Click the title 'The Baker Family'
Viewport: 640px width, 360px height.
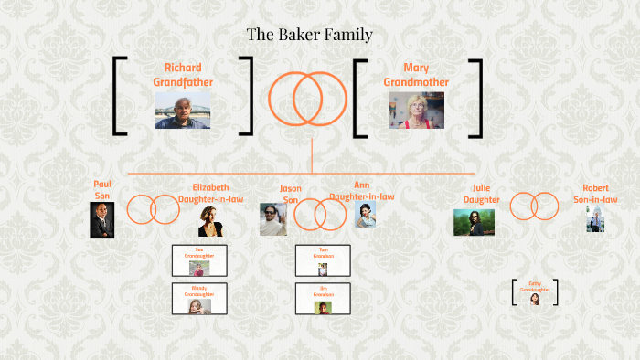click(309, 36)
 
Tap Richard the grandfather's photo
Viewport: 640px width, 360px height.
click(183, 110)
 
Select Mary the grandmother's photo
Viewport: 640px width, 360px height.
click(416, 110)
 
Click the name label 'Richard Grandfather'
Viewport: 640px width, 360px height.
click(183, 75)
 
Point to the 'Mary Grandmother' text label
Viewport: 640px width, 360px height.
click(416, 75)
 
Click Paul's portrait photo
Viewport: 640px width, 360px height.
click(101, 220)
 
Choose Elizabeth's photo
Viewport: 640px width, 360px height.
click(210, 220)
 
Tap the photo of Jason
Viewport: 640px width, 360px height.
click(272, 219)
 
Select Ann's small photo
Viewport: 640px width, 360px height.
click(365, 215)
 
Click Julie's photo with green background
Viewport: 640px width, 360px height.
click(474, 222)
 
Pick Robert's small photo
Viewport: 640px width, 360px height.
click(595, 219)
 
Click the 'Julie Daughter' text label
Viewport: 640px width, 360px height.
click(482, 195)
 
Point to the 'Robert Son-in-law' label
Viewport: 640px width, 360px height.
click(595, 194)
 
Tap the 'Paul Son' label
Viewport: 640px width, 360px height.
click(102, 189)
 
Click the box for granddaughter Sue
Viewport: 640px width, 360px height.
click(199, 260)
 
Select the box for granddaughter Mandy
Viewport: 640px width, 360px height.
click(199, 299)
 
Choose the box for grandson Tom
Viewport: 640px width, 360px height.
click(323, 260)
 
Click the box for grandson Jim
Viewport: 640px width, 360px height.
click(323, 299)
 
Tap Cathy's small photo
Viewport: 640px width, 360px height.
click(535, 298)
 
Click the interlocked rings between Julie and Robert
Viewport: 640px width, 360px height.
click(534, 206)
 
